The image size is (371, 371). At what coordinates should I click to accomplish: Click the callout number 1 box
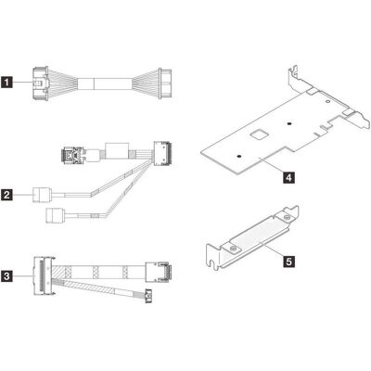coord(6,83)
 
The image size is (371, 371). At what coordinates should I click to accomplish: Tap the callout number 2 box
coord(6,195)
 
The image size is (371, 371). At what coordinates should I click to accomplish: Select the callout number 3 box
coord(6,275)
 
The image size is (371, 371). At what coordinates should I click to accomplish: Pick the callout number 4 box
coord(288,177)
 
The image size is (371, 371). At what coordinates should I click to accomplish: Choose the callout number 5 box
coord(288,262)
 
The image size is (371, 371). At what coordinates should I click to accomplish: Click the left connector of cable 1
coord(40,83)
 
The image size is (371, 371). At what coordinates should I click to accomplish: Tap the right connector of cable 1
coord(165,83)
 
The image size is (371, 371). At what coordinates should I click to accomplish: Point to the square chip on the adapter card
coord(259,134)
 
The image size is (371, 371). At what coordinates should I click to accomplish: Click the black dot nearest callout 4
coord(238,157)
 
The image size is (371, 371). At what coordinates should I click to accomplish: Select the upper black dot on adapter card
coord(288,123)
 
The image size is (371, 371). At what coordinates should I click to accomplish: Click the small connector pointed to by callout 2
coord(40,195)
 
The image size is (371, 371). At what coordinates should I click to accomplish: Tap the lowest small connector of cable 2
coord(54,215)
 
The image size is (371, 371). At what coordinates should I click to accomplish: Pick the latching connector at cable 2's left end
coord(72,154)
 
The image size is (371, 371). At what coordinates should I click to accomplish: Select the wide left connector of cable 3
coord(44,276)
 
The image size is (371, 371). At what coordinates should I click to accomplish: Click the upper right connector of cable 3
coord(158,272)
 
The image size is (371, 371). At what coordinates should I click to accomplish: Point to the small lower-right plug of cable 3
coord(148,296)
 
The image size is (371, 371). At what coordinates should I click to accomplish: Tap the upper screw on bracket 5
coord(287,218)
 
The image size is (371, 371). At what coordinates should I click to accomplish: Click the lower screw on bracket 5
coord(234,249)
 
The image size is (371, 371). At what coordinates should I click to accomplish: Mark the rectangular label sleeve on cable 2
coord(117,150)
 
